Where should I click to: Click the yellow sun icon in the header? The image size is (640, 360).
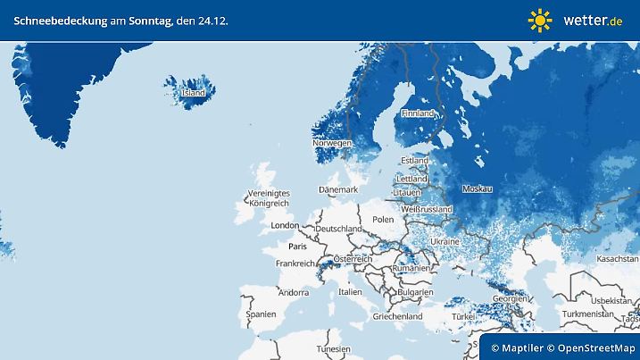[540, 20]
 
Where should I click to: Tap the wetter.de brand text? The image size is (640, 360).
[593, 20]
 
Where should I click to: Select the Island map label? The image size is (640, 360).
[193, 93]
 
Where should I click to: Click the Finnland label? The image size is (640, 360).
[417, 113]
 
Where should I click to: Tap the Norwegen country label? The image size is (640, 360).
[331, 143]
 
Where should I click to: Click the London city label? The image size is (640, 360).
[285, 226]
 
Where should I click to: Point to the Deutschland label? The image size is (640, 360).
[339, 229]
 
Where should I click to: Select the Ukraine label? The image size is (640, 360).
[445, 242]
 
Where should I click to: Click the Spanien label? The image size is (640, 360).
[261, 315]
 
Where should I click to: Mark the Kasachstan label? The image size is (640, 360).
[619, 258]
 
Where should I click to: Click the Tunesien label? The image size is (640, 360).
[333, 348]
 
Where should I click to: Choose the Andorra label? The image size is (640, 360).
[293, 292]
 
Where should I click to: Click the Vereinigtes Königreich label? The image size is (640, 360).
[270, 198]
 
